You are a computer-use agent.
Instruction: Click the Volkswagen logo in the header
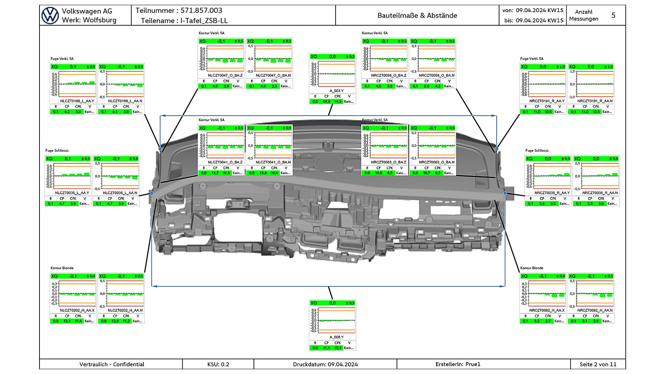click(50, 15)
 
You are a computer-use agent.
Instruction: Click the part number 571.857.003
click(201, 11)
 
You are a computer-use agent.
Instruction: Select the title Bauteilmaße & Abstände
click(417, 16)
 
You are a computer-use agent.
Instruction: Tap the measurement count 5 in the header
click(613, 15)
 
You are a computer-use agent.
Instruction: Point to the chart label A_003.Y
click(336, 91)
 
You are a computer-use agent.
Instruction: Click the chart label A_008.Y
click(336, 337)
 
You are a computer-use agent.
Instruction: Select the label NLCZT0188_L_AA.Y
click(77, 101)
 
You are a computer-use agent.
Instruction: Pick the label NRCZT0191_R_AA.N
click(595, 101)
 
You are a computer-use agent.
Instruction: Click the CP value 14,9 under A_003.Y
click(326, 102)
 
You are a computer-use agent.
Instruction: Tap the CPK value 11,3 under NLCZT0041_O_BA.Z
click(226, 173)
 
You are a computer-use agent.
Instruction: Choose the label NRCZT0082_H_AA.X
click(547, 310)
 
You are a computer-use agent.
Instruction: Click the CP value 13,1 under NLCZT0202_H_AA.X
click(67, 321)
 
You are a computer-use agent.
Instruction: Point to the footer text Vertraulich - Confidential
click(112, 364)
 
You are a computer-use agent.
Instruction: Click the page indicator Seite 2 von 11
click(598, 364)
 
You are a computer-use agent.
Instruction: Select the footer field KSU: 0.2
click(218, 364)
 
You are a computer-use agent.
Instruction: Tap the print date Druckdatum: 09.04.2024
click(325, 364)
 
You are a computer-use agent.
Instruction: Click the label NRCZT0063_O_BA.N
click(436, 162)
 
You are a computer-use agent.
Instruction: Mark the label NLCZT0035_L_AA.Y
click(72, 193)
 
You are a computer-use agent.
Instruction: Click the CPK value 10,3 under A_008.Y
click(338, 348)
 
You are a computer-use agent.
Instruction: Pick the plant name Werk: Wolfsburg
click(89, 20)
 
